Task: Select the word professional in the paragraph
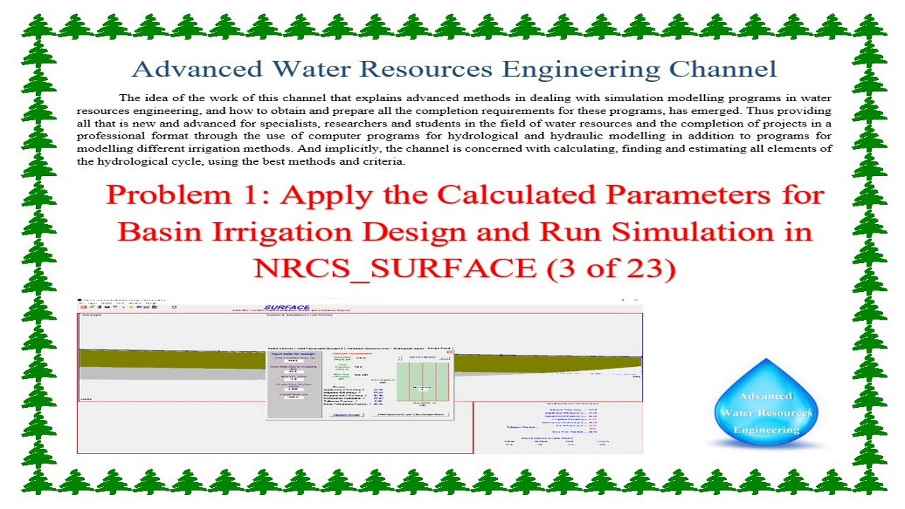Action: [x=108, y=136]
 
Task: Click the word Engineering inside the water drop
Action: [x=766, y=430]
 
